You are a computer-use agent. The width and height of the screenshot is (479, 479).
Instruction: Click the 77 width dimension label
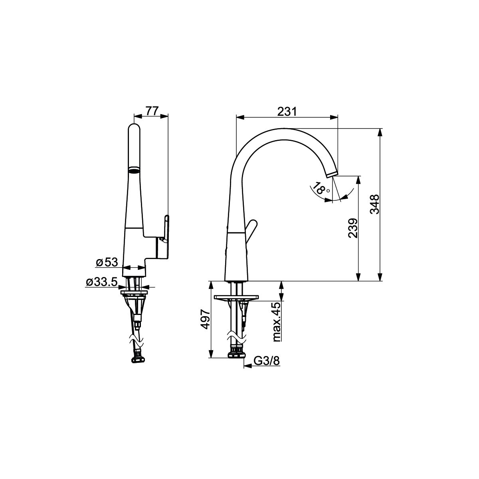tap(152, 111)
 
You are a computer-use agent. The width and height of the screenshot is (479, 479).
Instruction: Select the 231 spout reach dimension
tap(287, 112)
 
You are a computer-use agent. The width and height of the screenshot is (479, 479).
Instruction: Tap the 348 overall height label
tap(374, 204)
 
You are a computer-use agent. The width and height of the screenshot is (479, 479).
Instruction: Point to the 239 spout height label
tap(352, 228)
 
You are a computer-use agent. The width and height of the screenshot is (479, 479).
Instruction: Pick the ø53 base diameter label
tap(107, 263)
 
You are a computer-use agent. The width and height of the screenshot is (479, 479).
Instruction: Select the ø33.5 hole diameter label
tap(102, 282)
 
